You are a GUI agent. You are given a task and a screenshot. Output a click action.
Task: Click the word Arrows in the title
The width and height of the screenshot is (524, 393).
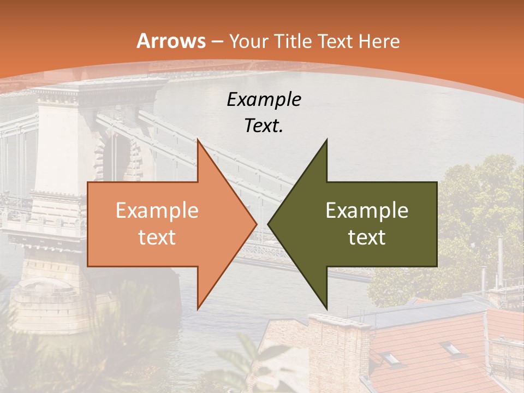pyautogui.click(x=171, y=41)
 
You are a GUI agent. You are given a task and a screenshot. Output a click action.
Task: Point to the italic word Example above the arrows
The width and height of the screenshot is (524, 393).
pyautogui.click(x=264, y=100)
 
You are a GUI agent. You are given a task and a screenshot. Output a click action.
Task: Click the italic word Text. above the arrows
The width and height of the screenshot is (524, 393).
pyautogui.click(x=264, y=126)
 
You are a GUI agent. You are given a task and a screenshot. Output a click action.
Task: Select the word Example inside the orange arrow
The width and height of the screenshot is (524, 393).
pyautogui.click(x=157, y=211)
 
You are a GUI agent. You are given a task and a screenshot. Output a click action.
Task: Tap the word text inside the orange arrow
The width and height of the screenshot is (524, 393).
pyautogui.click(x=157, y=237)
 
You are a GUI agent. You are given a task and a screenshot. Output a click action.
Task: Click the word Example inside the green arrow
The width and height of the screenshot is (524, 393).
pyautogui.click(x=367, y=211)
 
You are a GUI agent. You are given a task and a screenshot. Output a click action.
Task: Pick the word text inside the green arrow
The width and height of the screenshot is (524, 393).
pyautogui.click(x=367, y=237)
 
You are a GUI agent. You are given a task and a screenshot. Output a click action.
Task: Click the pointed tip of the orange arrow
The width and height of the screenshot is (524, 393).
pyautogui.click(x=257, y=224)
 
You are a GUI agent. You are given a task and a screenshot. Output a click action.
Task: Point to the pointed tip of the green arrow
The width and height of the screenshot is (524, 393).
pyautogui.click(x=268, y=224)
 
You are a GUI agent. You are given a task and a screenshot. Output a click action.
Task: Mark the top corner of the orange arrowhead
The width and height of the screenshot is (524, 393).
pyautogui.click(x=198, y=140)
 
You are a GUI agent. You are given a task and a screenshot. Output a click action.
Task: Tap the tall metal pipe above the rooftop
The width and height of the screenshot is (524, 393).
pyautogui.click(x=499, y=262)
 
